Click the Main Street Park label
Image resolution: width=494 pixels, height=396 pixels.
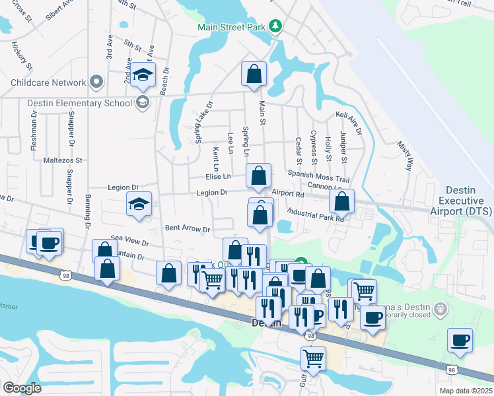(x=232, y=27)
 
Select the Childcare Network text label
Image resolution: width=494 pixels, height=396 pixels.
(x=48, y=83)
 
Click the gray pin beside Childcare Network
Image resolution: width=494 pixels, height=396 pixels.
(x=97, y=82)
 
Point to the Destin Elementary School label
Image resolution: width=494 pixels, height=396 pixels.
(x=70, y=102)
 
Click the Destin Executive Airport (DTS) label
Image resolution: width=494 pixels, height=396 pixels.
(x=466, y=200)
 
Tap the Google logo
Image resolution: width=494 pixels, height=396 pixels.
(x=22, y=387)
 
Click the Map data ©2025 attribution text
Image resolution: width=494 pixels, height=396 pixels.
(x=465, y=391)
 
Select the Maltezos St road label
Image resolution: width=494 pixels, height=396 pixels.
(x=62, y=160)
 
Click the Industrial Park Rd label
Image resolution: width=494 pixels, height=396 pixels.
(x=316, y=214)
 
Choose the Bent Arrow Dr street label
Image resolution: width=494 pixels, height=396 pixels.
(x=187, y=229)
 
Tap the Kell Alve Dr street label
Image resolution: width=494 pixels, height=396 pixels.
(x=349, y=123)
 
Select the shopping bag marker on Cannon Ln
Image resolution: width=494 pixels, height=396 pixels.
(x=341, y=201)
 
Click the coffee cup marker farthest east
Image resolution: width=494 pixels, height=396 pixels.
(x=459, y=341)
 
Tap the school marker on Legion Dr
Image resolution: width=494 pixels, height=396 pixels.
(x=139, y=205)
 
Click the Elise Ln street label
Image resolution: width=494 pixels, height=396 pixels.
(x=218, y=176)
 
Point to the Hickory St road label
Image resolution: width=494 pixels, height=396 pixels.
(x=22, y=56)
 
